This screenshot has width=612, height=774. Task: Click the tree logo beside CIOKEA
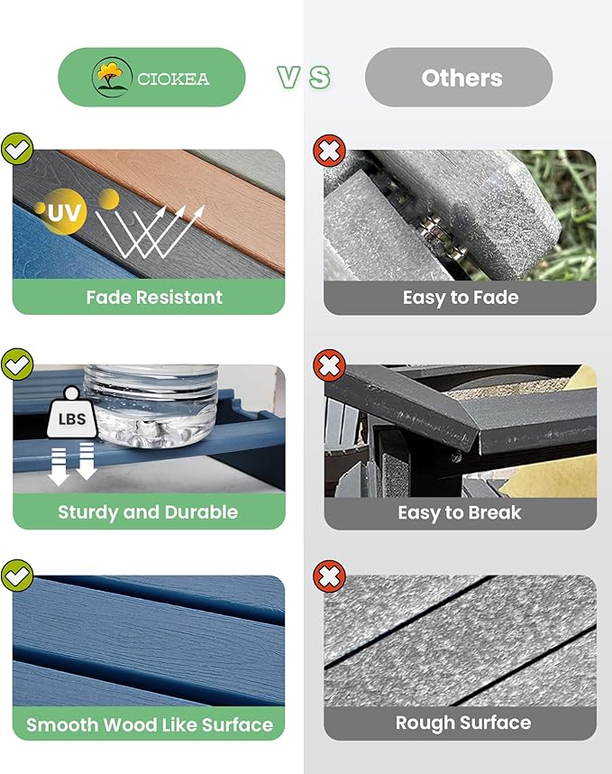112,77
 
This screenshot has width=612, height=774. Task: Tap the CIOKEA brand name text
173,79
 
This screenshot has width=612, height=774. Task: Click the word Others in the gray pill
462,78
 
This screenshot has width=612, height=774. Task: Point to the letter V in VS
288,78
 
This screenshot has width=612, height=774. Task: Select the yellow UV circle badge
62,212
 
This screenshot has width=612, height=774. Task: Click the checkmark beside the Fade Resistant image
17,149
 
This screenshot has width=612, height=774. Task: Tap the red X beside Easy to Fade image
329,151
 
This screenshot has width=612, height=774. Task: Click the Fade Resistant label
154,297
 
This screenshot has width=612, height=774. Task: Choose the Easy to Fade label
461,298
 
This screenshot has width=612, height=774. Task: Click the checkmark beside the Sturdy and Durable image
17,364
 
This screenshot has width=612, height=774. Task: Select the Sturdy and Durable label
148,512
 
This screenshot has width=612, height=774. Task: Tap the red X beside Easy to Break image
329,365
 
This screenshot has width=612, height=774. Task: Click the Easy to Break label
460,513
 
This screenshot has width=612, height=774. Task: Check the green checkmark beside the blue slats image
17,576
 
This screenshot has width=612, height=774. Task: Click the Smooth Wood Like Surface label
150,724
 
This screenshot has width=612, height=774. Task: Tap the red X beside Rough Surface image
329,576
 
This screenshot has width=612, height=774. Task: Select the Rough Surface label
463,723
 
